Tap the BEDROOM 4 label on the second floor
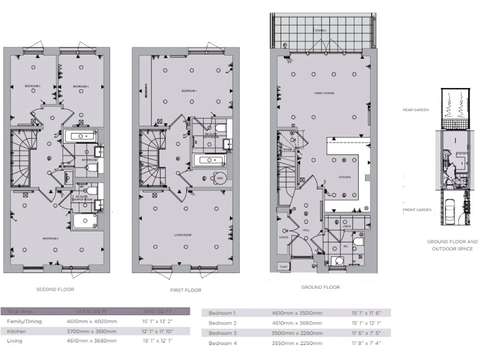(81, 86)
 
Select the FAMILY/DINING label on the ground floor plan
(324, 93)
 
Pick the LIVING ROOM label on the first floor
(183, 235)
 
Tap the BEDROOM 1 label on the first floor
(189, 91)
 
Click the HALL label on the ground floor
(306, 230)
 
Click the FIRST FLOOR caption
(185, 290)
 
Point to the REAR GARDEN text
(414, 109)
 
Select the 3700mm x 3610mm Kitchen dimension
(91, 331)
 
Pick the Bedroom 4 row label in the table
(222, 343)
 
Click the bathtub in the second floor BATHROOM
(81, 136)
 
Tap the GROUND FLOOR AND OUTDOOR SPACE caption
(452, 245)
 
